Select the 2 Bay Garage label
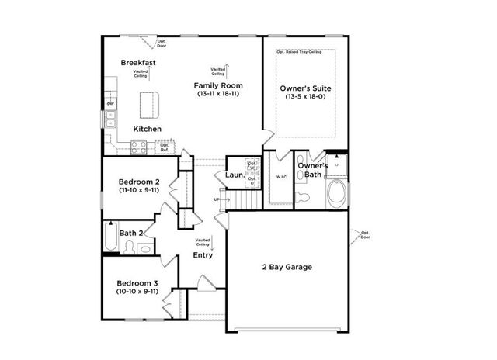(x=286, y=267)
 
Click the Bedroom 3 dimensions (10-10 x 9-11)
(x=138, y=292)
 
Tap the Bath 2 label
(x=131, y=233)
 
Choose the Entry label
(x=203, y=254)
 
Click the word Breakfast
(x=139, y=62)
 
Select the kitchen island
(x=148, y=102)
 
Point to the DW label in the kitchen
(x=110, y=104)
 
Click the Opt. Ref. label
(x=165, y=146)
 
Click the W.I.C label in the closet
(x=281, y=177)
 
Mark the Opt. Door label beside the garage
(x=365, y=234)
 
